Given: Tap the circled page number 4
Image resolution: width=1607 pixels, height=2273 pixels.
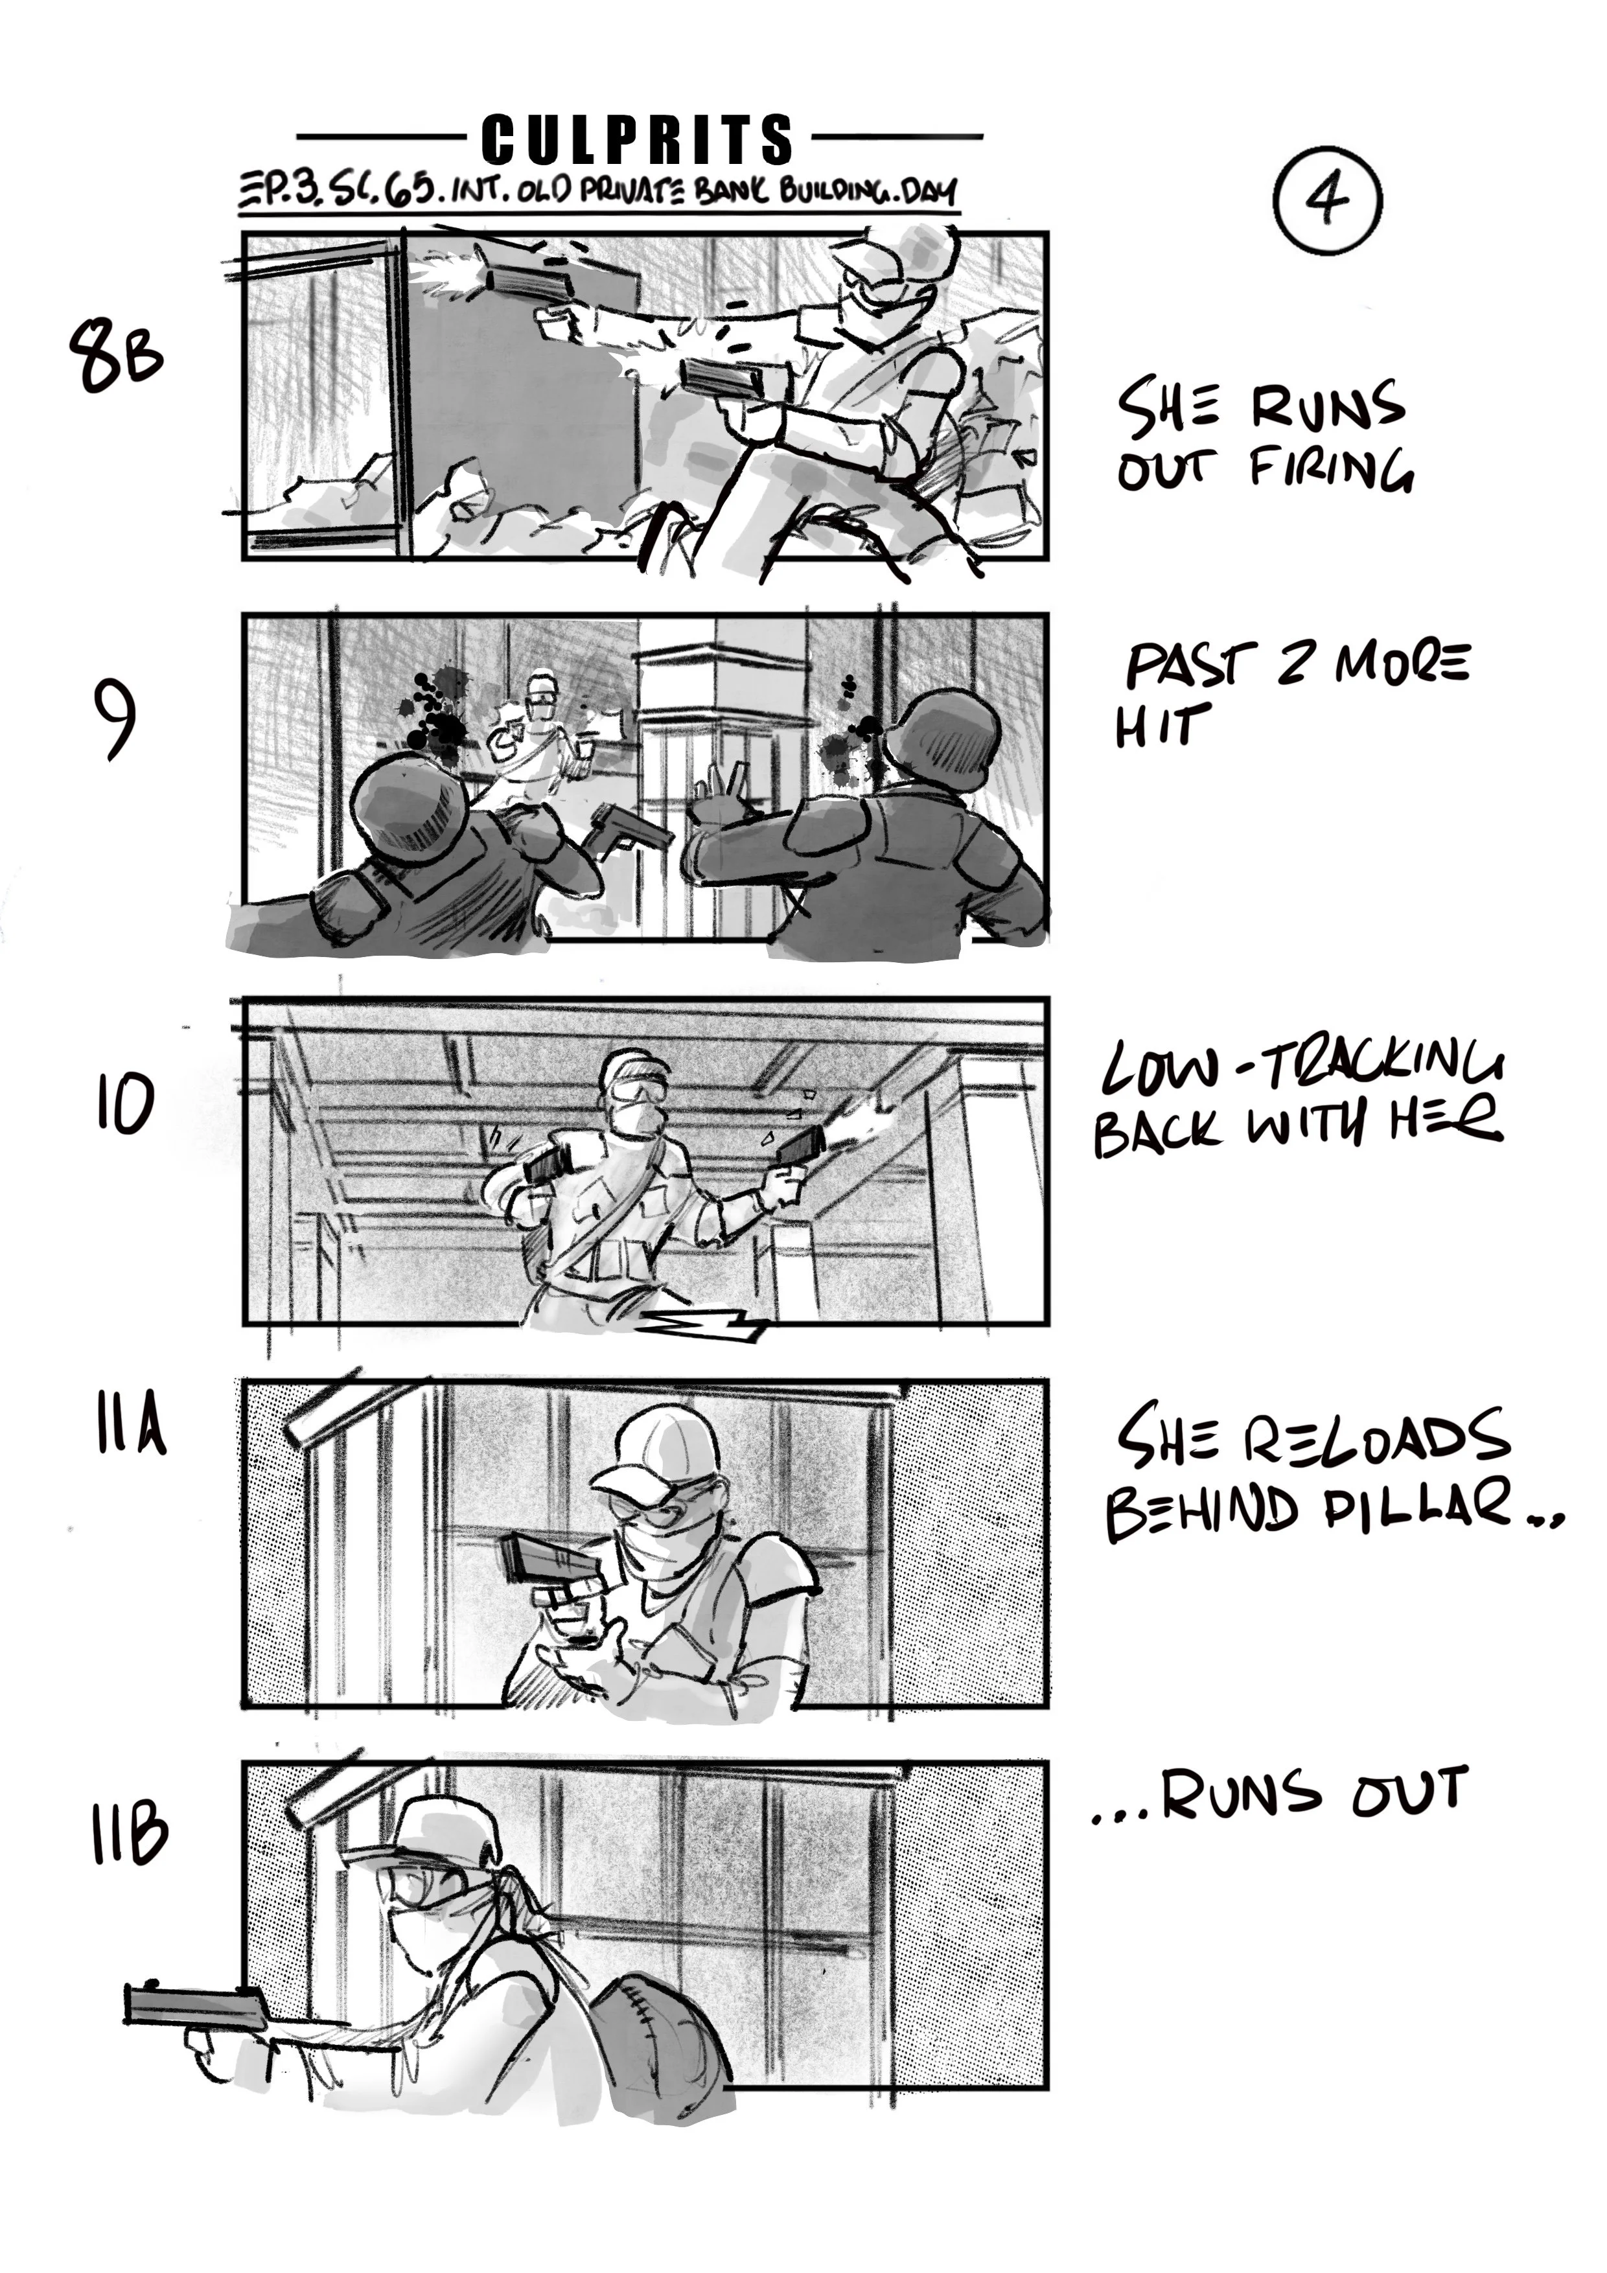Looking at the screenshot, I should tap(1327, 199).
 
